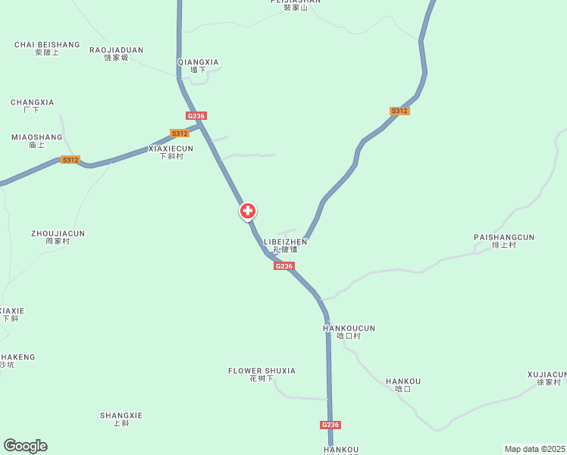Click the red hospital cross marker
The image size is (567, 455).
[247, 211]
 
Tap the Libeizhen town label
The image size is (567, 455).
[285, 245]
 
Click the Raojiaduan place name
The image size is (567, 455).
[116, 53]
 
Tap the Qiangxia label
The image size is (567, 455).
[198, 65]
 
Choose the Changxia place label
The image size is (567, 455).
[32, 105]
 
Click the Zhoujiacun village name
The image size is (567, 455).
[58, 237]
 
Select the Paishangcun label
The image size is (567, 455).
[504, 240]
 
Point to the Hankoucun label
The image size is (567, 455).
[349, 331]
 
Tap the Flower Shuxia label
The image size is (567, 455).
[262, 374]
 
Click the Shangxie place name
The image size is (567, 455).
[121, 419]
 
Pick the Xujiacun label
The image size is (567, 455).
[547, 378]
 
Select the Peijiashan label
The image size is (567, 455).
[295, 3]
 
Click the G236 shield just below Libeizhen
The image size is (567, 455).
[284, 266]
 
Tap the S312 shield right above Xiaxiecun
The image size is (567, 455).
[180, 133]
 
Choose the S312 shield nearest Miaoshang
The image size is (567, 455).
[70, 160]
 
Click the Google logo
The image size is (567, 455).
[25, 446]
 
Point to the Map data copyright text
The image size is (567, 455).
[534, 449]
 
